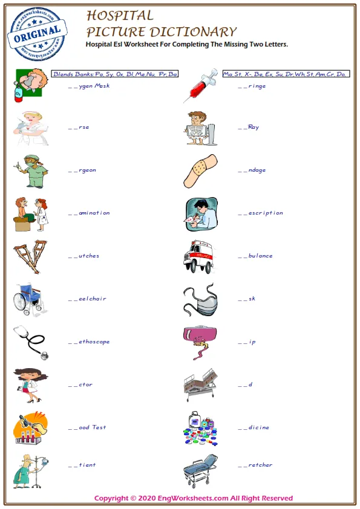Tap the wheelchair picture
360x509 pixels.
(x=30, y=299)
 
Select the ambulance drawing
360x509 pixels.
(x=199, y=257)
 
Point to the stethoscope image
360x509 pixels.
(x=30, y=342)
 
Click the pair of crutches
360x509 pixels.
(x=30, y=256)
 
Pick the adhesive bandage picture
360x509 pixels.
(x=200, y=170)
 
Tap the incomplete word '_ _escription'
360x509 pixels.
(x=260, y=213)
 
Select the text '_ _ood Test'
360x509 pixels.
(x=87, y=427)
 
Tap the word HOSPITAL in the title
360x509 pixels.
(x=120, y=15)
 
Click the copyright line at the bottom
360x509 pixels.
(x=194, y=498)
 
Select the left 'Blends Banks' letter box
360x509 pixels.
(x=115, y=74)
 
